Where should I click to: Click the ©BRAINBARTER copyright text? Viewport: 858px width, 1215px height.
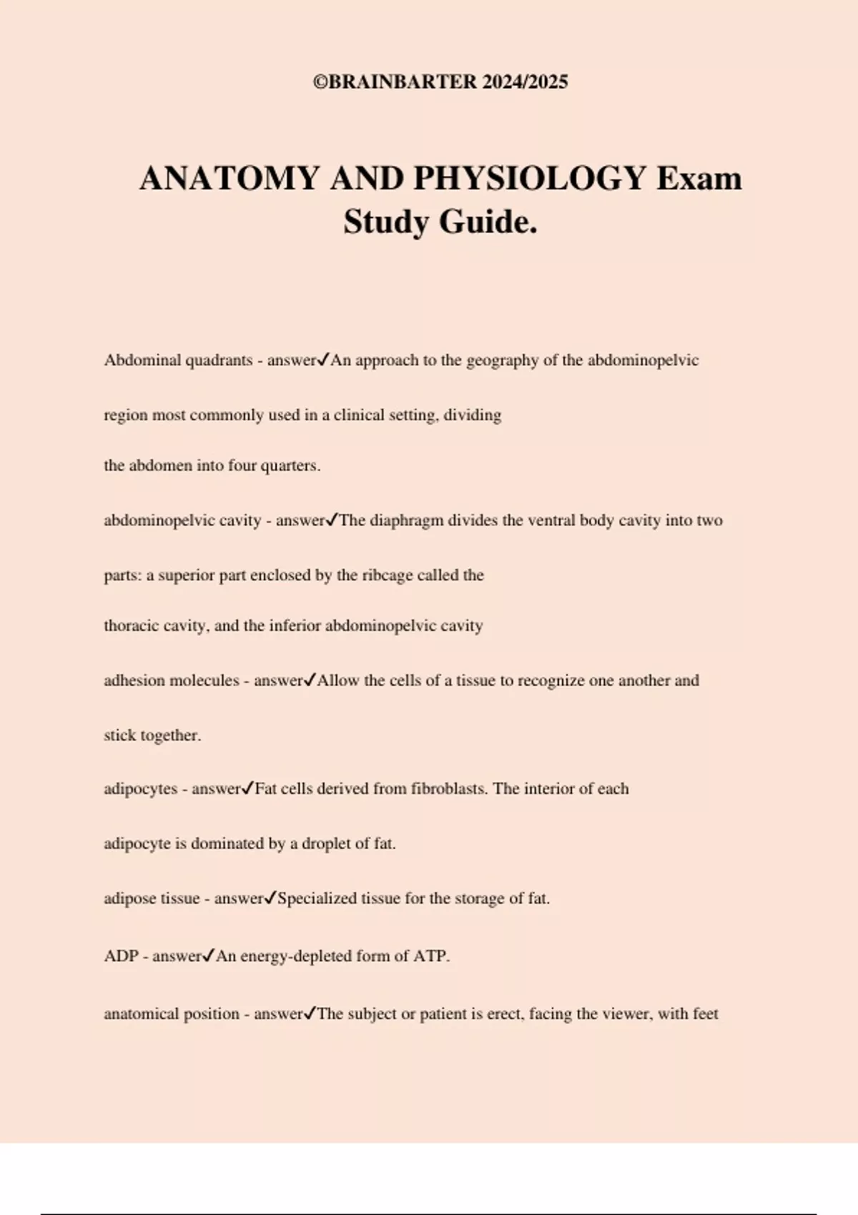coord(440,82)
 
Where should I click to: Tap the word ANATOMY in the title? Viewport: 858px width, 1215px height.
coord(230,179)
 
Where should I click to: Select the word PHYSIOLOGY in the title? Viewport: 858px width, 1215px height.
coord(530,179)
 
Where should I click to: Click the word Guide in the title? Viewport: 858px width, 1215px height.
coord(487,222)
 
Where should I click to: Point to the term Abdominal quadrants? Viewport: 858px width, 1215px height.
coord(178,360)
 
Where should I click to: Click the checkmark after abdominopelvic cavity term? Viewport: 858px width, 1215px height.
coord(332,520)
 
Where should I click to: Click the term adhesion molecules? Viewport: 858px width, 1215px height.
coord(172,680)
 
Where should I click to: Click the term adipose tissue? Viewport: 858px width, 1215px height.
coord(152,898)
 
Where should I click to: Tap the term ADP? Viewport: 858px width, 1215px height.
coord(121,956)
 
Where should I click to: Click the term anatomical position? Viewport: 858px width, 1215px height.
coord(172,1014)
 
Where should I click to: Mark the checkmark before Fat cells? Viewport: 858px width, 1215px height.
coord(247,789)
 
